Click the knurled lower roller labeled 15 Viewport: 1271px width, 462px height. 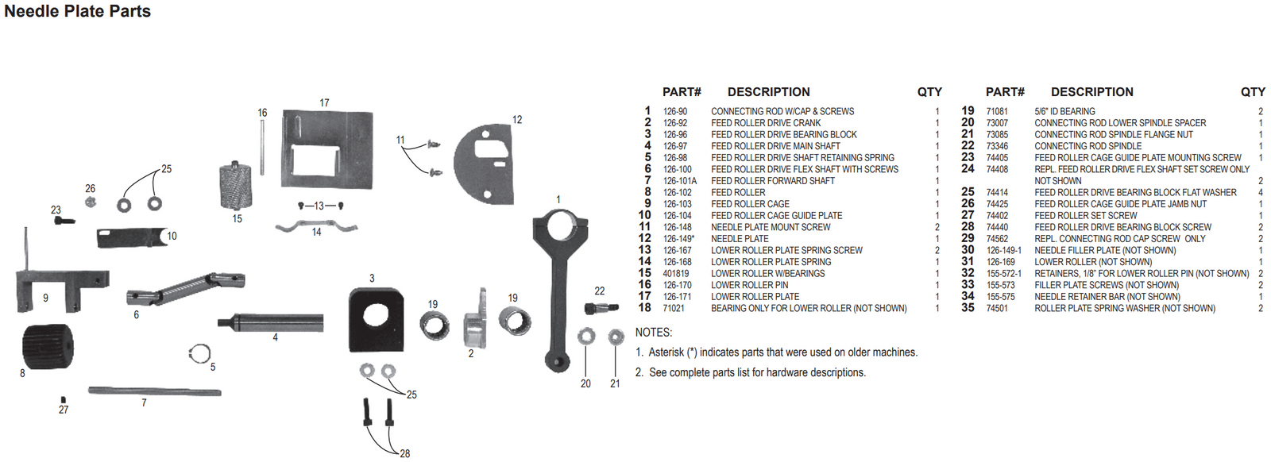point(235,185)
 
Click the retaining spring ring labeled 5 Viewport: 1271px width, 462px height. point(200,352)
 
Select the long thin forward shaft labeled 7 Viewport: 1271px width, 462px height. point(154,391)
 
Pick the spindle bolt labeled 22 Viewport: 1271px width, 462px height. point(601,308)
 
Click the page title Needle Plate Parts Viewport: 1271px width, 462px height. point(77,11)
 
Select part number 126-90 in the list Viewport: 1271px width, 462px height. point(675,112)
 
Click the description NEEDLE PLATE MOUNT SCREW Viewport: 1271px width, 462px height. point(771,227)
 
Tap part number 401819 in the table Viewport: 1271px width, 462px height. point(676,274)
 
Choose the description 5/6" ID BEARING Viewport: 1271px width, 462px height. point(1064,112)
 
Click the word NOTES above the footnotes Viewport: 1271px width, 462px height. point(653,333)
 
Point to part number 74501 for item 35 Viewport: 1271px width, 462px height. point(997,309)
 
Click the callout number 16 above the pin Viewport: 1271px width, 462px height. point(262,113)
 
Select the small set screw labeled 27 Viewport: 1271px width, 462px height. point(64,400)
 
